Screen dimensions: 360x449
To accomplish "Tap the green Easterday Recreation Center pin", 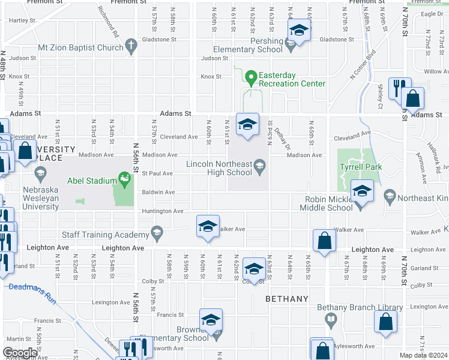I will tap(250, 77).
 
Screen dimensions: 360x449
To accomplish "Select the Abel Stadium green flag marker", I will tap(124, 178).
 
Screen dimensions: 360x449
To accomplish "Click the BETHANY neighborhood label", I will tap(287, 298).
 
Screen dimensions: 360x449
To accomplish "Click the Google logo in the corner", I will tap(20, 353).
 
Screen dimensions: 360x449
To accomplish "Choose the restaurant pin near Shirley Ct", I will tap(397, 89).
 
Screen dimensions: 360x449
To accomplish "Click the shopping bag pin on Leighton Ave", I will tap(324, 241).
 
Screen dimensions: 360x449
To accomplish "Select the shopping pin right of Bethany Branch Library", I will tap(385, 321).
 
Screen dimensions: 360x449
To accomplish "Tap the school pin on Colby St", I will tap(254, 269).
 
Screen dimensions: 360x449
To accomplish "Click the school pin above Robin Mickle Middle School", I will tap(361, 191).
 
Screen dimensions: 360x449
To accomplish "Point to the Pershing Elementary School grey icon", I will tap(291, 44).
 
